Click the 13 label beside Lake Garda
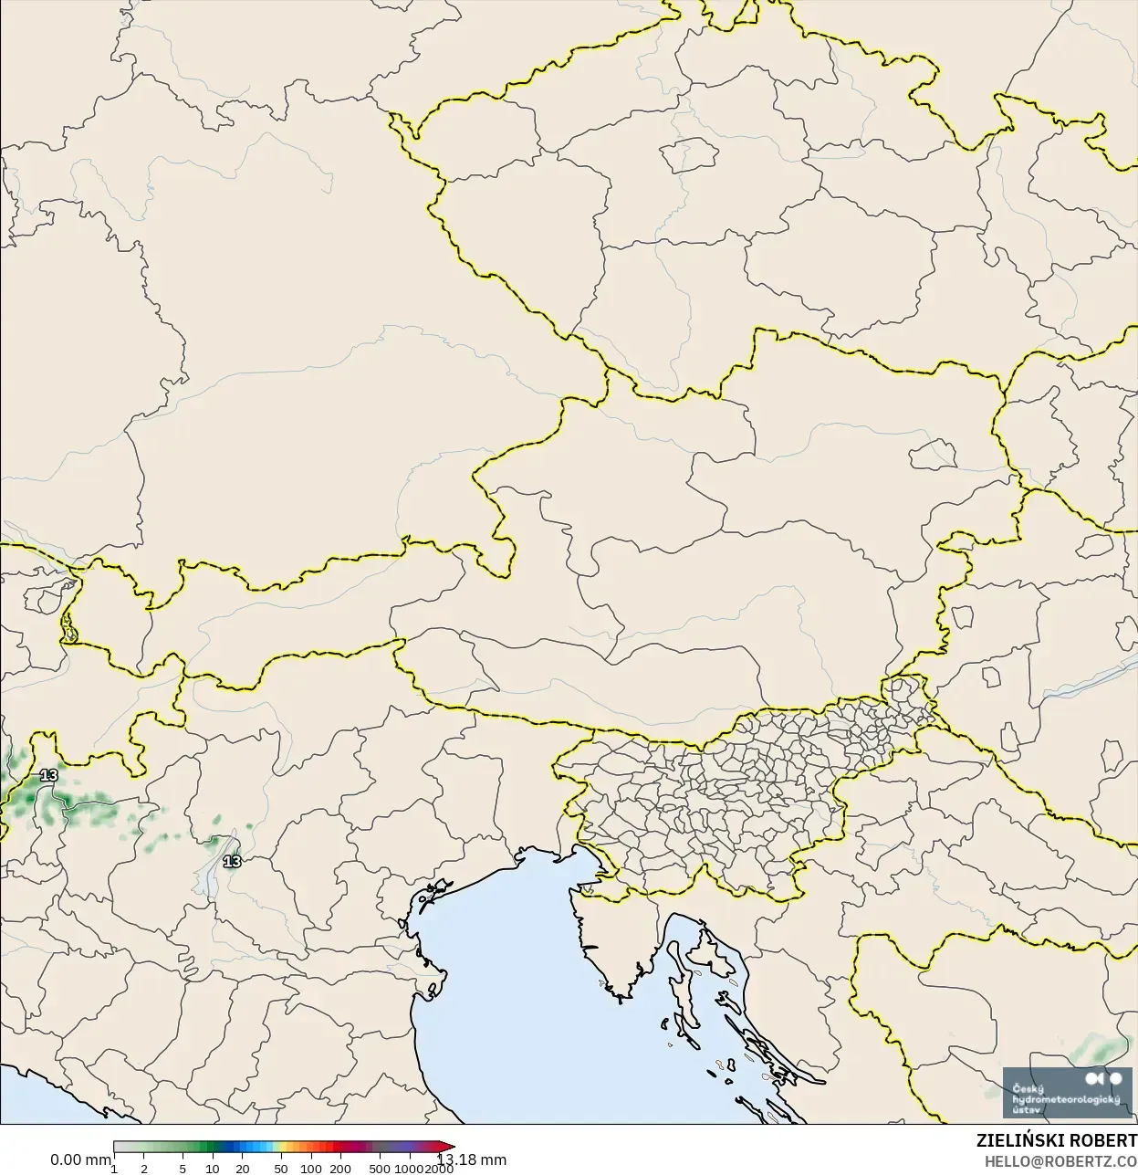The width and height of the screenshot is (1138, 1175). (233, 861)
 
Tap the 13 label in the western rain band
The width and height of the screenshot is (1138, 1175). (48, 775)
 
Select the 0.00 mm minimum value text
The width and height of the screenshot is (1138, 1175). (80, 1159)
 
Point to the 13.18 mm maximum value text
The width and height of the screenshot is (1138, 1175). (472, 1159)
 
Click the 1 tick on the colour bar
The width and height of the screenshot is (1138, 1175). (114, 1169)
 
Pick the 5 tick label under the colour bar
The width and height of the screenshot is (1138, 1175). (183, 1169)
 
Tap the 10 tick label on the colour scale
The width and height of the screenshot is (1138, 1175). (212, 1169)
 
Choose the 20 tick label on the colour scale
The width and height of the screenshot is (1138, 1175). (242, 1169)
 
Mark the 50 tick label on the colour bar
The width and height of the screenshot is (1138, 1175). (281, 1169)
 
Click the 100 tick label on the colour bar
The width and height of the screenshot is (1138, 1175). (311, 1169)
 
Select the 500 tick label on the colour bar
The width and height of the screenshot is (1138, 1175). (380, 1169)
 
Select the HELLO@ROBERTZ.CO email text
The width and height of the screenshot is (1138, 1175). (1060, 1161)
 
